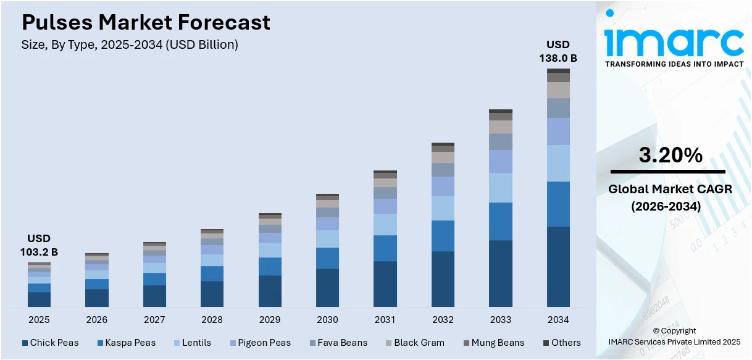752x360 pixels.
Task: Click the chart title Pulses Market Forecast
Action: pyautogui.click(x=146, y=23)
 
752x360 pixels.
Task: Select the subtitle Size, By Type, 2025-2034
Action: pyautogui.click(x=130, y=44)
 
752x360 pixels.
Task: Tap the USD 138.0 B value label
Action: pyautogui.click(x=558, y=51)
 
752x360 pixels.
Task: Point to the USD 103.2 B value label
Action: pyautogui.click(x=39, y=245)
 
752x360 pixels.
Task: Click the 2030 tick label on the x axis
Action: pyautogui.click(x=327, y=320)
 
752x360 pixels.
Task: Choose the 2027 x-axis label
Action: pyautogui.click(x=154, y=320)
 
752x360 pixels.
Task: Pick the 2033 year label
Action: pyautogui.click(x=501, y=320)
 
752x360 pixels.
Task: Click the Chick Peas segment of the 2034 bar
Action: pyautogui.click(x=558, y=266)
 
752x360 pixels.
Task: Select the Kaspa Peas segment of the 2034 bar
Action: pyautogui.click(x=558, y=204)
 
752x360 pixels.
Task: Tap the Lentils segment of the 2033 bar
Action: pyautogui.click(x=501, y=188)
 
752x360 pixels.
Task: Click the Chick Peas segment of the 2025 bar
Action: pyautogui.click(x=39, y=299)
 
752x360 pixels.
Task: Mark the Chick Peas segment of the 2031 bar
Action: pyautogui.click(x=385, y=284)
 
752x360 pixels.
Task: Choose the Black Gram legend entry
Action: pyautogui.click(x=414, y=343)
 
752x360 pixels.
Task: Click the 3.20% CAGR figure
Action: pyautogui.click(x=670, y=156)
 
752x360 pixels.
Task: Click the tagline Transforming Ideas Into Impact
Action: pyautogui.click(x=674, y=64)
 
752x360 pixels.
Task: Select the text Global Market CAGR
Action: pyautogui.click(x=670, y=189)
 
